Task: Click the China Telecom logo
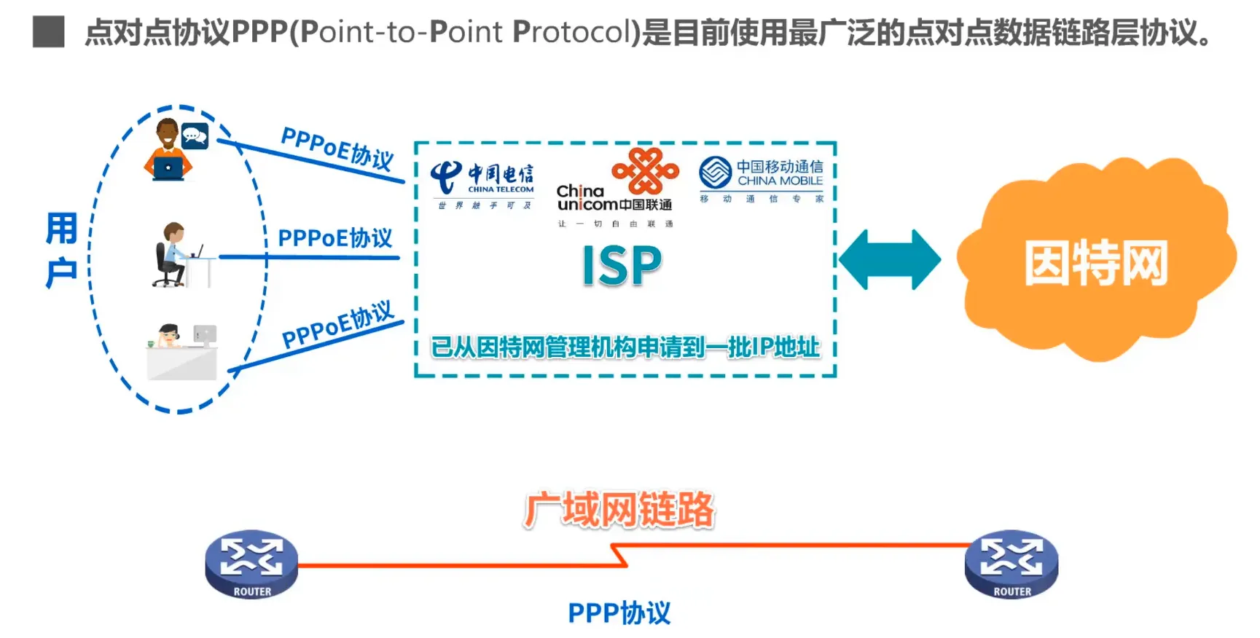coord(483,182)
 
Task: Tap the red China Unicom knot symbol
coord(645,170)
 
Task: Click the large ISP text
coord(622,266)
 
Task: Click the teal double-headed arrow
coord(889,260)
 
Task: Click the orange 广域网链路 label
coord(619,509)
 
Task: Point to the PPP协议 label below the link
coord(619,613)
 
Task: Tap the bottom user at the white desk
coord(181,352)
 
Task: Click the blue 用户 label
coord(61,250)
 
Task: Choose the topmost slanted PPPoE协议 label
coord(337,148)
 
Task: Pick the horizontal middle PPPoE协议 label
coord(334,238)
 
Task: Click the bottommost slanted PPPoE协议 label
coord(337,325)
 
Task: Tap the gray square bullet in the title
coord(49,32)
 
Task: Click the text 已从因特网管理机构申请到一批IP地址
coord(625,347)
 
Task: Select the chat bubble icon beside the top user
coord(195,136)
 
